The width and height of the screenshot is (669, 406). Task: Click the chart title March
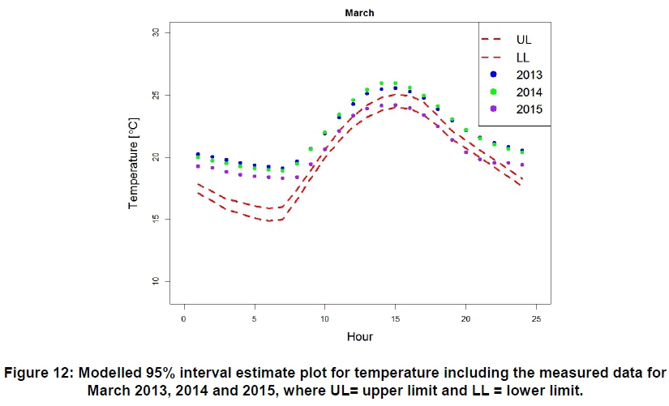coord(358,13)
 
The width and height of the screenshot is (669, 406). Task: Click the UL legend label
coord(524,38)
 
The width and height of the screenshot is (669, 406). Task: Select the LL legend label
coord(524,56)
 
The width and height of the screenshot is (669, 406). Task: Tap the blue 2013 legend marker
coord(492,74)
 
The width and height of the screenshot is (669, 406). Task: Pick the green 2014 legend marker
coord(492,92)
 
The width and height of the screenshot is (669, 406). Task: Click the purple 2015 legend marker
coord(492,109)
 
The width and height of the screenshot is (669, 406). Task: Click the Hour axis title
coord(359,336)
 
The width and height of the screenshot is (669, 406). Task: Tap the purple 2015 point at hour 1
coord(198,166)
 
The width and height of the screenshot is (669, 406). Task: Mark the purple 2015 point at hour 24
coord(521,165)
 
